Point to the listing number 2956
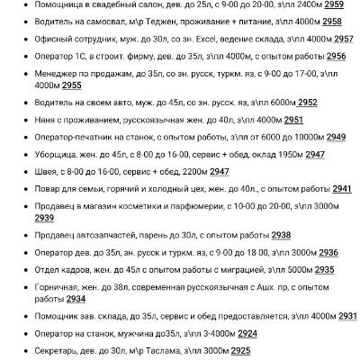[336, 56]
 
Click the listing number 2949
[336, 137]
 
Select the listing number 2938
[281, 236]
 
